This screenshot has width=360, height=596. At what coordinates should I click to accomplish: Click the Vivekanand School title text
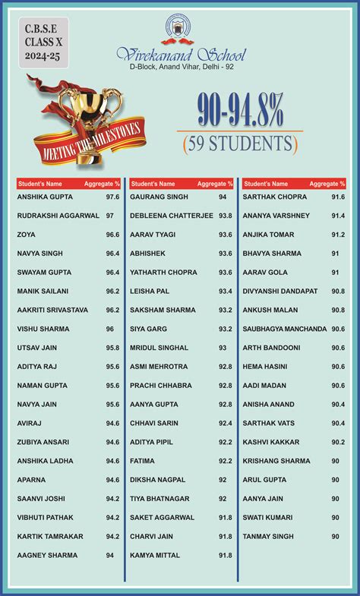[x=180, y=54]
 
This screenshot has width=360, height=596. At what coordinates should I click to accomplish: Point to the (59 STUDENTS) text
[x=239, y=142]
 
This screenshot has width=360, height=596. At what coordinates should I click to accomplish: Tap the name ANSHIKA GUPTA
[x=45, y=197]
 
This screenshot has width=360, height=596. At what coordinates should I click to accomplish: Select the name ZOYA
[x=27, y=235]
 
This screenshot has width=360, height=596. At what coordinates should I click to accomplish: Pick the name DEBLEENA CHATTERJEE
[x=171, y=216]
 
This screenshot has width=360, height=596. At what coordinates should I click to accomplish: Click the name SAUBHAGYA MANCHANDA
[x=284, y=329]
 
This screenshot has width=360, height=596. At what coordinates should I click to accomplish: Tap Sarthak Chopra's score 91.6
[x=338, y=197]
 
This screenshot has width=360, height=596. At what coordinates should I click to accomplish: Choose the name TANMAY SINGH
[x=267, y=537]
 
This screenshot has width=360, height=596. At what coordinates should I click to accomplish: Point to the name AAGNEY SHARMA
[x=47, y=556]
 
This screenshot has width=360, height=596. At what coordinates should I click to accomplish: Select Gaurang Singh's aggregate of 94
[x=223, y=197]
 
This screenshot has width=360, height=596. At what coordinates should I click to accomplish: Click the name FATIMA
[x=142, y=461]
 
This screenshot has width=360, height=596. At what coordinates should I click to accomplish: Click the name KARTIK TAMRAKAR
[x=50, y=537]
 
